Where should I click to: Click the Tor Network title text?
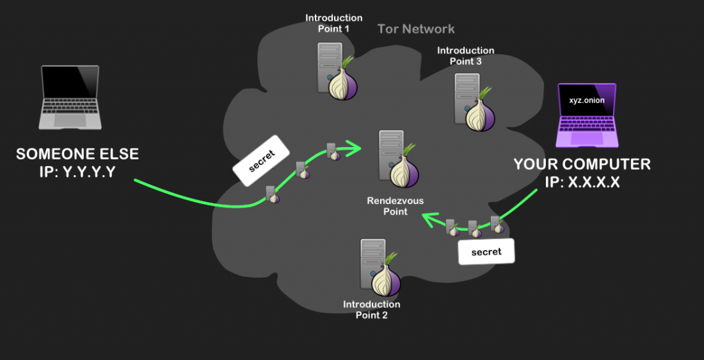[416, 29]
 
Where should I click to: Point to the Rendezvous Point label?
[395, 206]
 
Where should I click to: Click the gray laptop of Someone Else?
[71, 98]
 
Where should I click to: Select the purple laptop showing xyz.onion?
[586, 115]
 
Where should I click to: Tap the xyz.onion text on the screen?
[586, 100]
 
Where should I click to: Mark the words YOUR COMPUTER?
[582, 165]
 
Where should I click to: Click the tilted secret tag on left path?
[261, 164]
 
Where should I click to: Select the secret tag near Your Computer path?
[486, 252]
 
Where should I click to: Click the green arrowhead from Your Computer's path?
[428, 219]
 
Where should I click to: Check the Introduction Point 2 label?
[371, 310]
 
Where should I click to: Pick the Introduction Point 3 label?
[465, 56]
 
